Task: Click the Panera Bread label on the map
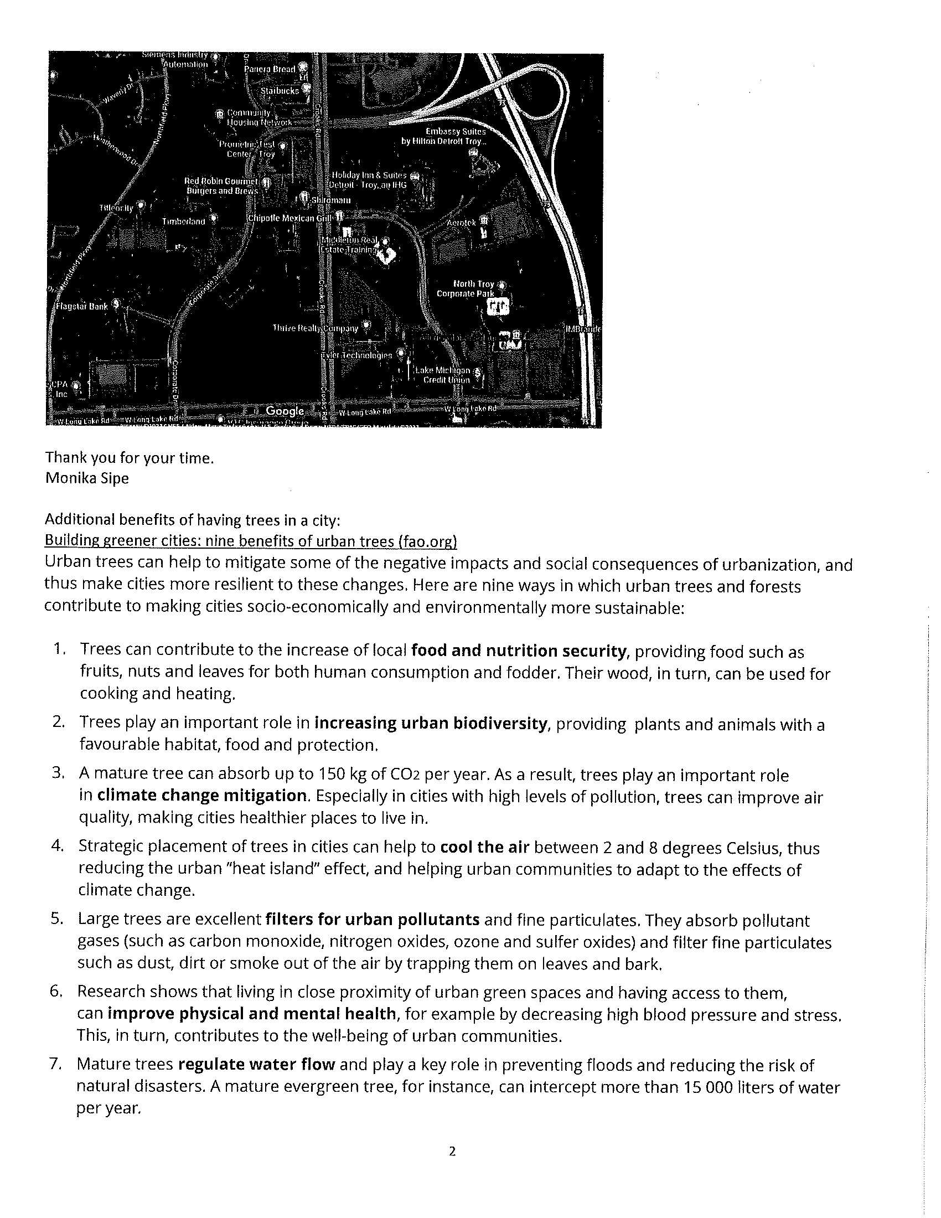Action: tap(270, 69)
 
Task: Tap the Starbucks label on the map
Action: tap(280, 90)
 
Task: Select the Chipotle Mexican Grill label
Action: tap(289, 218)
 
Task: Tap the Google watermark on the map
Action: tap(285, 411)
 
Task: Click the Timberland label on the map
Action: tap(183, 221)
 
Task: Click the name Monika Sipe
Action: tap(87, 478)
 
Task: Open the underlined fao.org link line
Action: tap(251, 540)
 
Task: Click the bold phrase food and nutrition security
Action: tap(519, 651)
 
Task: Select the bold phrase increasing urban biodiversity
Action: tap(430, 724)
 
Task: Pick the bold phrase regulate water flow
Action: tap(256, 1065)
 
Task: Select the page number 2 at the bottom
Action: tap(452, 1151)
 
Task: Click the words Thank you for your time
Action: tap(130, 458)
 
